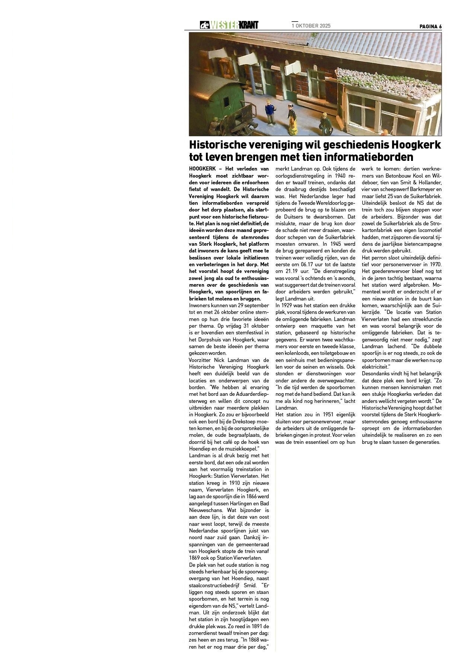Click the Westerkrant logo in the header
pyautogui.click(x=229, y=25)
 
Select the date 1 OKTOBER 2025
pyautogui.click(x=311, y=26)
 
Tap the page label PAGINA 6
pyautogui.click(x=430, y=26)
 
